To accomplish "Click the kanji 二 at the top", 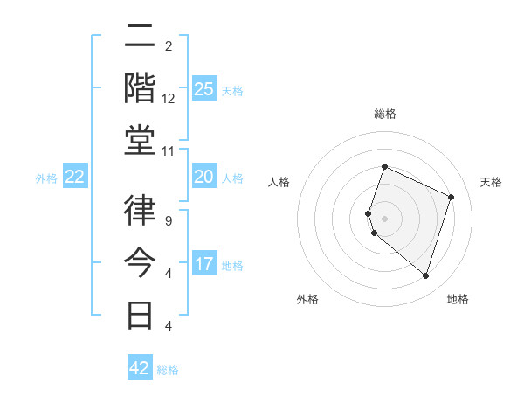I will point(141,37).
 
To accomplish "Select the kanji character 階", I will point(141,88).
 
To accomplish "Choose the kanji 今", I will point(141,262).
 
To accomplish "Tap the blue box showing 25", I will point(203,88).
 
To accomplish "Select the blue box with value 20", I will point(203,177).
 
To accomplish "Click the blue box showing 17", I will point(203,264).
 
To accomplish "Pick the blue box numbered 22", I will point(75,177).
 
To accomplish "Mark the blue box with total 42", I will point(140,368).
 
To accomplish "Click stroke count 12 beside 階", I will point(169,98).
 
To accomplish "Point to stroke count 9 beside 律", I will point(169,220).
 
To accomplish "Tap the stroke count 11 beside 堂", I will point(169,151).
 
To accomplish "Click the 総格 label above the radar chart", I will point(385,114).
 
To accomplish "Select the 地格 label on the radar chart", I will point(458,299).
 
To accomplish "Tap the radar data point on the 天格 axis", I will point(452,197).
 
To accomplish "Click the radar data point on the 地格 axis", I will point(425,276).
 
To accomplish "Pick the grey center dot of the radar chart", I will point(385,218).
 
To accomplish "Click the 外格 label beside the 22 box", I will point(46,178).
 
